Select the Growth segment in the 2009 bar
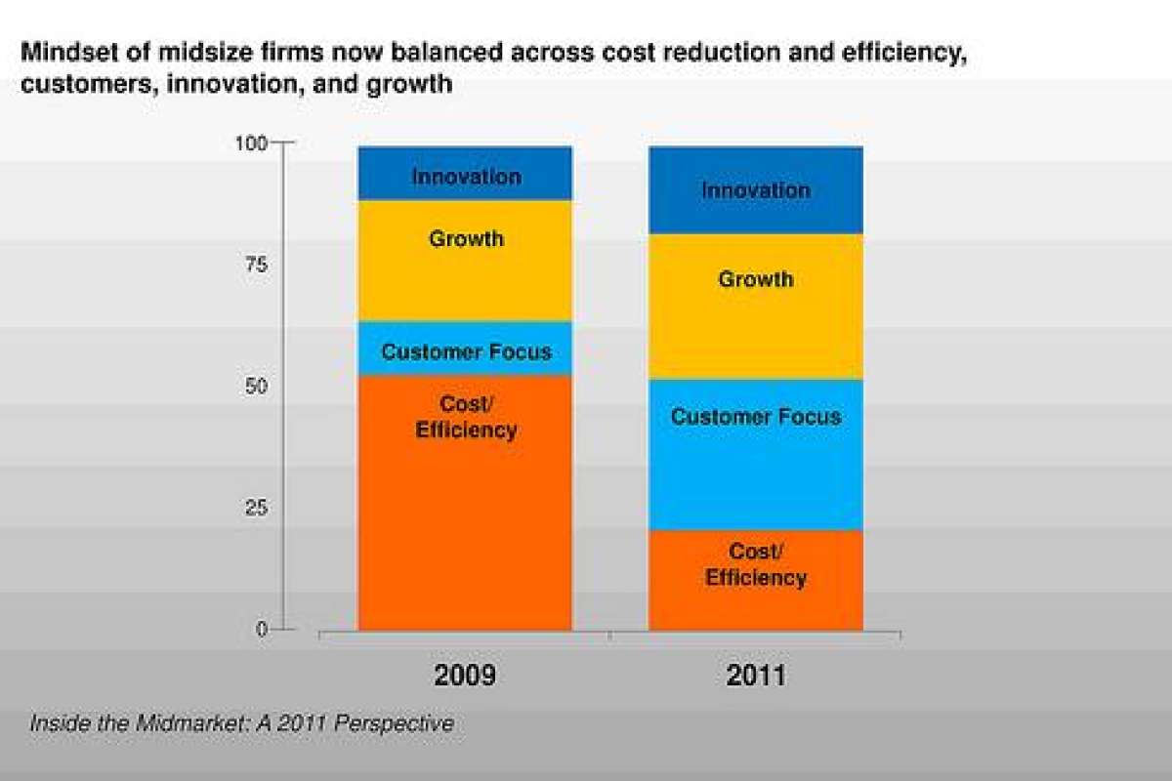point(465,261)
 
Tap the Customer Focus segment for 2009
point(465,349)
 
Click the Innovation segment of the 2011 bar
point(756,190)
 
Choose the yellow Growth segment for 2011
point(756,307)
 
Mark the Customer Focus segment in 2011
point(756,455)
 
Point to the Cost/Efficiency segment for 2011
point(756,580)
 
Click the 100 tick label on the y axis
point(251,144)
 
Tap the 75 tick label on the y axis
point(255,265)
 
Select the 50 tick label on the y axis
point(255,387)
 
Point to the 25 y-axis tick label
point(255,508)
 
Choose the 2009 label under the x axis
point(465,676)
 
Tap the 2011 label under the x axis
point(756,676)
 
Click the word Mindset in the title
point(63,52)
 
